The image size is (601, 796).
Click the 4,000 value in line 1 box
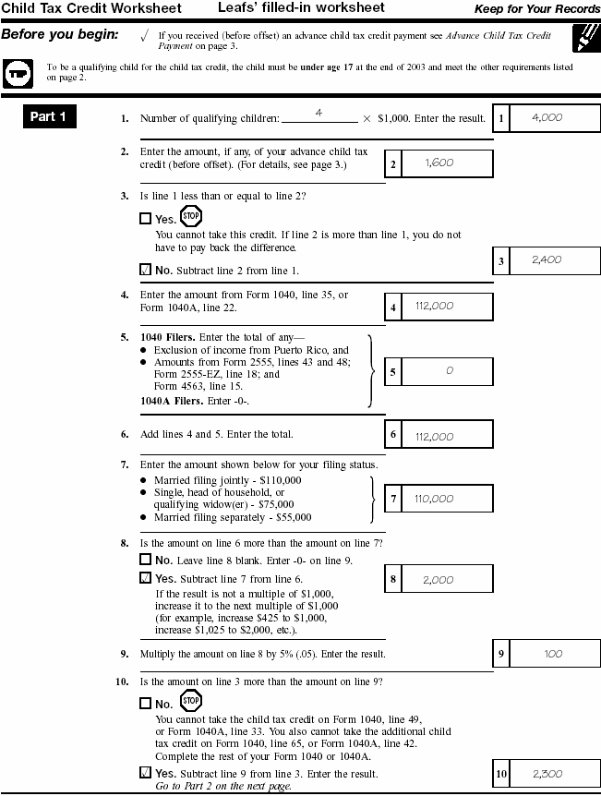pyautogui.click(x=547, y=117)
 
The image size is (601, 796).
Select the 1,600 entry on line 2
pyautogui.click(x=439, y=163)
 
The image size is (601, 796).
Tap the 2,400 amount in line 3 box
pyautogui.click(x=547, y=260)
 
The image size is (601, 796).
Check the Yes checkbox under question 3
pyautogui.click(x=145, y=219)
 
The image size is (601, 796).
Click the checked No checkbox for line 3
pyautogui.click(x=145, y=271)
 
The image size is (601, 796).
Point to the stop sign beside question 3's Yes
pyautogui.click(x=191, y=217)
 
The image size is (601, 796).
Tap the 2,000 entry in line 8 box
pyautogui.click(x=439, y=580)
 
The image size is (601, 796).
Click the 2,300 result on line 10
pyautogui.click(x=547, y=774)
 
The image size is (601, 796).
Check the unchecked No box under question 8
pyautogui.click(x=145, y=560)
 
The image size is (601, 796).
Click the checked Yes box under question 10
pyautogui.click(x=145, y=773)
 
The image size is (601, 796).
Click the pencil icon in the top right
pyautogui.click(x=583, y=38)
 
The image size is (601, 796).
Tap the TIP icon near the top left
pyautogui.click(x=18, y=72)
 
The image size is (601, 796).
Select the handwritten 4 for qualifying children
pyautogui.click(x=318, y=112)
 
